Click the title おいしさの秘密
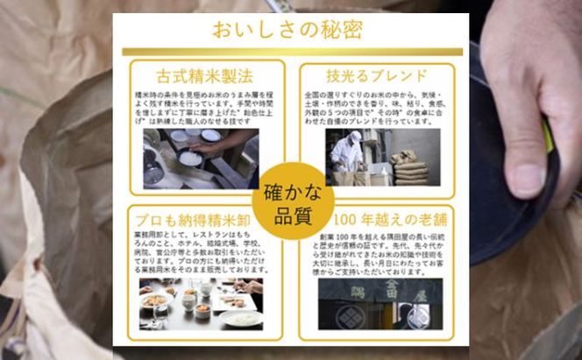291,30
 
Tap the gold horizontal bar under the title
291,52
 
